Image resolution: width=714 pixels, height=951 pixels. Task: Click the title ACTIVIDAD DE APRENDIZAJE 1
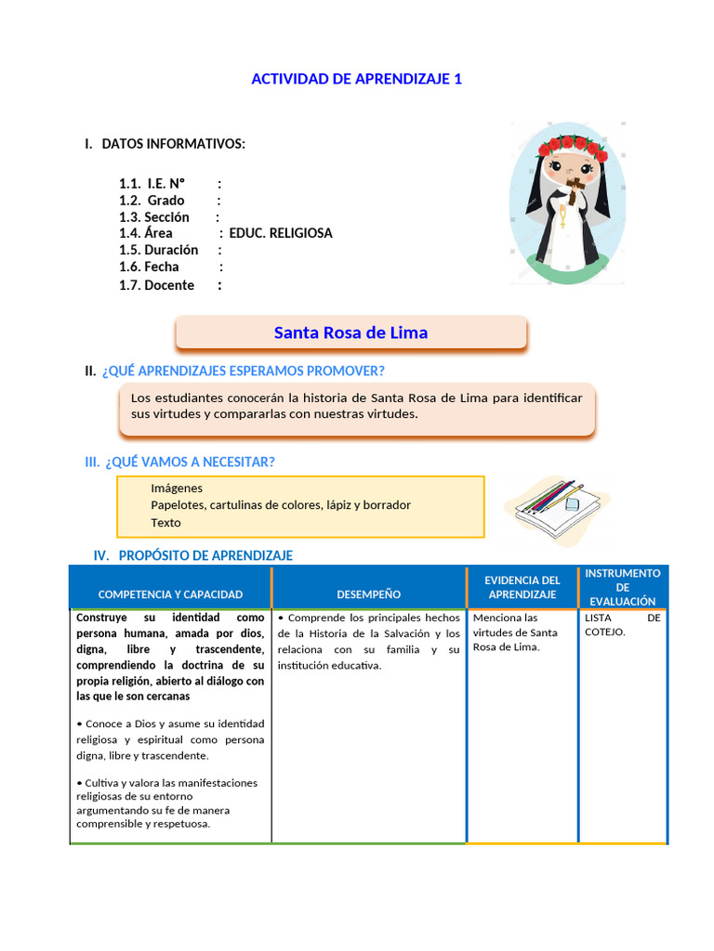point(356,79)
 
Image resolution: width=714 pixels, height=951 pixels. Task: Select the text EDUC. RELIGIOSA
point(281,233)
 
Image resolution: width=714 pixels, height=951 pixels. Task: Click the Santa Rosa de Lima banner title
point(351,332)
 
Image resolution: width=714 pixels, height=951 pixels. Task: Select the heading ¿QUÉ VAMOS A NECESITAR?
point(190,462)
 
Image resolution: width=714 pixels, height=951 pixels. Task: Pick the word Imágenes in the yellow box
point(177,488)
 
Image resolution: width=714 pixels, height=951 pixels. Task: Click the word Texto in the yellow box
point(165,522)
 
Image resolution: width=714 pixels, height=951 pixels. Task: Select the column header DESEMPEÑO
point(369,594)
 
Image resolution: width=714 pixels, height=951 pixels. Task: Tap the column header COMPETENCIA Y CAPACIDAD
point(170,594)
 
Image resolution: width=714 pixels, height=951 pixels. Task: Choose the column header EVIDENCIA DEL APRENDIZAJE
point(522,587)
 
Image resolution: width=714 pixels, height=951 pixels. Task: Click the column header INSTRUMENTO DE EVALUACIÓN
point(623,587)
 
